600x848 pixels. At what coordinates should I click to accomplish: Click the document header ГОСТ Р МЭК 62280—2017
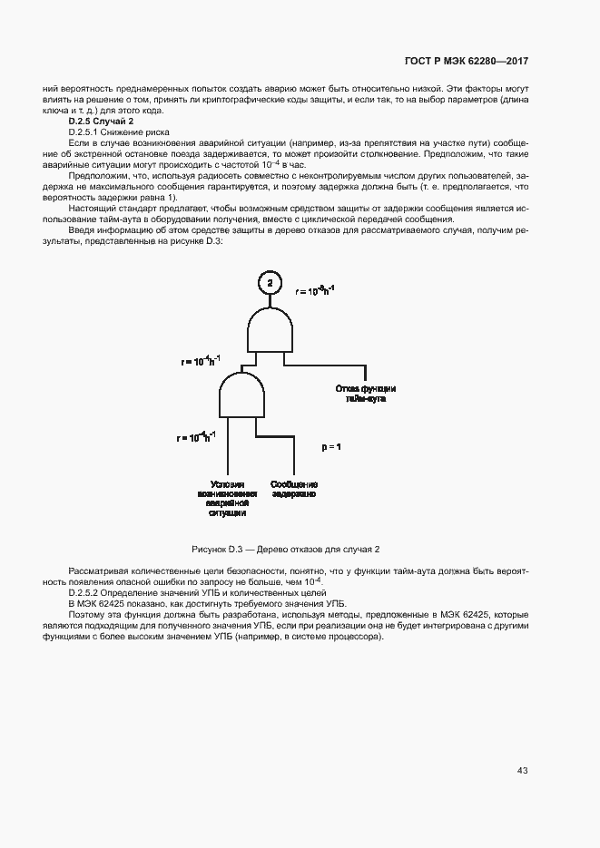[465, 61]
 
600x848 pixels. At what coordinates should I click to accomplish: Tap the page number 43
[522, 770]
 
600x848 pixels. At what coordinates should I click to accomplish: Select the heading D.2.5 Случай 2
[101, 121]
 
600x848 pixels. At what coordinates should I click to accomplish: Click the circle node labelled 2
[270, 284]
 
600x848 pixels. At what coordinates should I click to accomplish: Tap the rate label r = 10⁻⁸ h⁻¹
[315, 290]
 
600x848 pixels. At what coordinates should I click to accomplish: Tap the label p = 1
[331, 448]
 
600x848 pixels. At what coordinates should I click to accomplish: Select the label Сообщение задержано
[293, 490]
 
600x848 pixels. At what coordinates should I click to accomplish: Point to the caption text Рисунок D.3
[218, 550]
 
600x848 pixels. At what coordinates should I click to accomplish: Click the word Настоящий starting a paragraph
[91, 209]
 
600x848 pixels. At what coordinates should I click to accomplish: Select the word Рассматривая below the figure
[98, 570]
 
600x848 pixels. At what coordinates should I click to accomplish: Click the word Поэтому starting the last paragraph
[87, 614]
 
